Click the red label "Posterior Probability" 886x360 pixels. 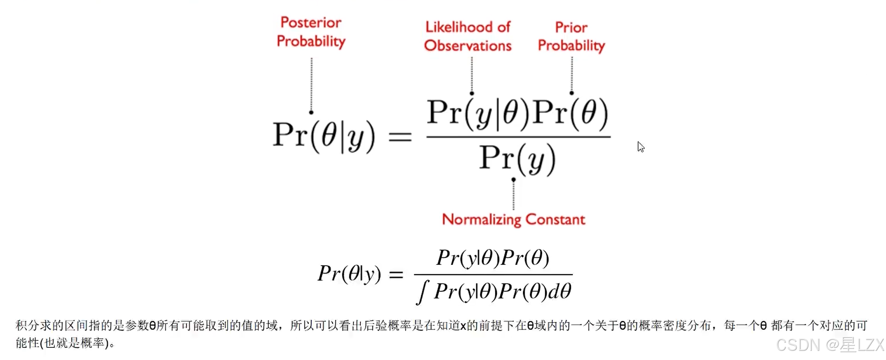311,32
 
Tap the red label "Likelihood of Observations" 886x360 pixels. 468,36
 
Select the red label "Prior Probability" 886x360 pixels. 571,37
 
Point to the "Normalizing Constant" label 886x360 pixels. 513,220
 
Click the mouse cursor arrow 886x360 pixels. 641,147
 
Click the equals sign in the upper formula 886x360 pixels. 400,137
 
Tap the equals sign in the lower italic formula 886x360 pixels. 396,274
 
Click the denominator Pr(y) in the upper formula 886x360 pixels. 517,159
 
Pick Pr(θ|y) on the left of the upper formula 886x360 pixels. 324,136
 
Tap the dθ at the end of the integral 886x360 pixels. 560,291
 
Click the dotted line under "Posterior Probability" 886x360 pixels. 311,85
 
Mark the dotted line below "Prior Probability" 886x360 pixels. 572,75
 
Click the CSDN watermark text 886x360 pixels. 829,345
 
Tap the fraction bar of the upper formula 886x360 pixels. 518,137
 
